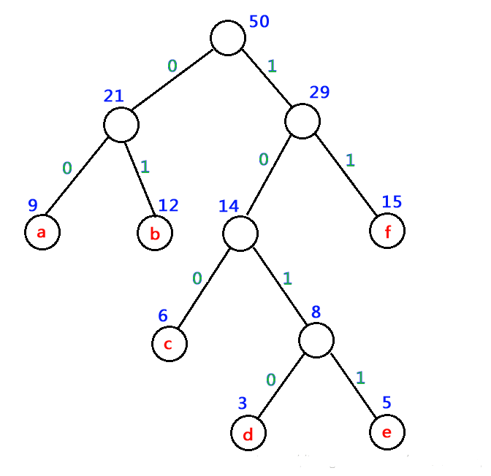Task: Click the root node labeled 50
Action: (228, 38)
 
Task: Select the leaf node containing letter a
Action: (42, 232)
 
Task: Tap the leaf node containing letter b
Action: (155, 233)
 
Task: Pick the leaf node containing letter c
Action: (170, 344)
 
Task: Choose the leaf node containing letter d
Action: (248, 433)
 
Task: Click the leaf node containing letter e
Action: (387, 432)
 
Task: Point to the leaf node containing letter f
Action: (387, 231)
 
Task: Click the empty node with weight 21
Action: (121, 125)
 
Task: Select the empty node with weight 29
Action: (302, 121)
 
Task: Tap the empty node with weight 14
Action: (240, 234)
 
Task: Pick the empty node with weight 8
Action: (316, 340)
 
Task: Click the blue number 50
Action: (259, 22)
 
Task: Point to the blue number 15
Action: (392, 201)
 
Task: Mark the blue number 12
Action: (168, 206)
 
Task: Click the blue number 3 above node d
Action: (243, 403)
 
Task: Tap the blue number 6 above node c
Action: (163, 315)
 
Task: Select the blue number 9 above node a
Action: (33, 205)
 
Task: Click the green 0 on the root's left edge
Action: (172, 66)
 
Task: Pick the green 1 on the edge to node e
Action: (360, 377)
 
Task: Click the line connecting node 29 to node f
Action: (346, 175)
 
